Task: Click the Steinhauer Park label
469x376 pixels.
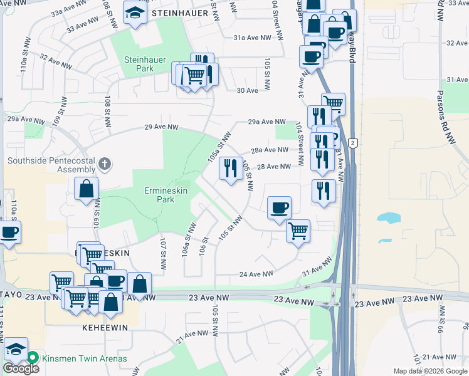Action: coord(139,64)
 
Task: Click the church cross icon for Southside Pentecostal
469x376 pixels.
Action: coord(105,165)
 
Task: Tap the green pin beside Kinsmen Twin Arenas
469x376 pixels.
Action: coord(33,358)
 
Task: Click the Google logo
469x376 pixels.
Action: coord(21,368)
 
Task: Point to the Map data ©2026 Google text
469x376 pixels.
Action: coord(429,370)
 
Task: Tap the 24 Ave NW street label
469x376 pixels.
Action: coord(256,274)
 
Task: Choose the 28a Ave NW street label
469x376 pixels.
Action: coord(269,150)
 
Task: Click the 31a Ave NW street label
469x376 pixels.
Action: coord(252,38)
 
